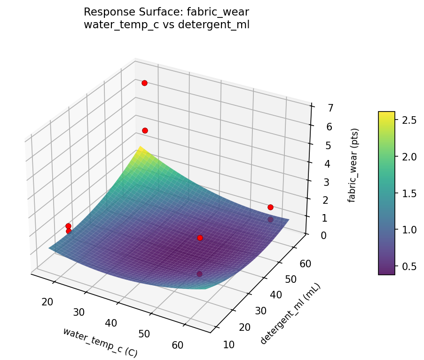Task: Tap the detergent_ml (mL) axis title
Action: coord(291,314)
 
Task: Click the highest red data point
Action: coord(144,83)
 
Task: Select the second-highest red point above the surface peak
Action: coord(145,130)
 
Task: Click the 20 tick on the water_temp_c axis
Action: coord(47,302)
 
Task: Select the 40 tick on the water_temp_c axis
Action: coord(111,323)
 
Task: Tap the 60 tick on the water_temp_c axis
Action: coord(178,345)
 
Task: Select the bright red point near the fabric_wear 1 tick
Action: coord(270,207)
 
